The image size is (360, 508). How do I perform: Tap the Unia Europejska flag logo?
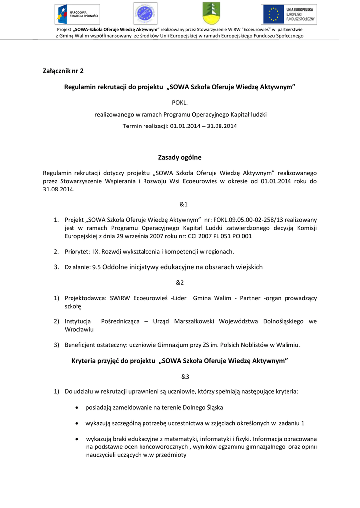point(289,14)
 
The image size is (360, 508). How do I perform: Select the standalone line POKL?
point(180,102)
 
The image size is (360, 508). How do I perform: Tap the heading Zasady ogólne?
point(180,157)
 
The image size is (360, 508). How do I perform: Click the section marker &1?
point(183,204)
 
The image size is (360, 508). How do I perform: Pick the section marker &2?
point(180,282)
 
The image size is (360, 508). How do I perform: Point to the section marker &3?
point(185,376)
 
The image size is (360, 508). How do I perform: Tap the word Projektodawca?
point(85,298)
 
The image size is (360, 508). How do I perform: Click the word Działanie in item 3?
point(77,267)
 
